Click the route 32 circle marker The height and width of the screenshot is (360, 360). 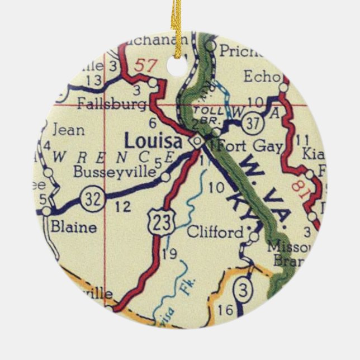[x=89, y=197]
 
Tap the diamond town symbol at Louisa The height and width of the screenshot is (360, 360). [x=196, y=142]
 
